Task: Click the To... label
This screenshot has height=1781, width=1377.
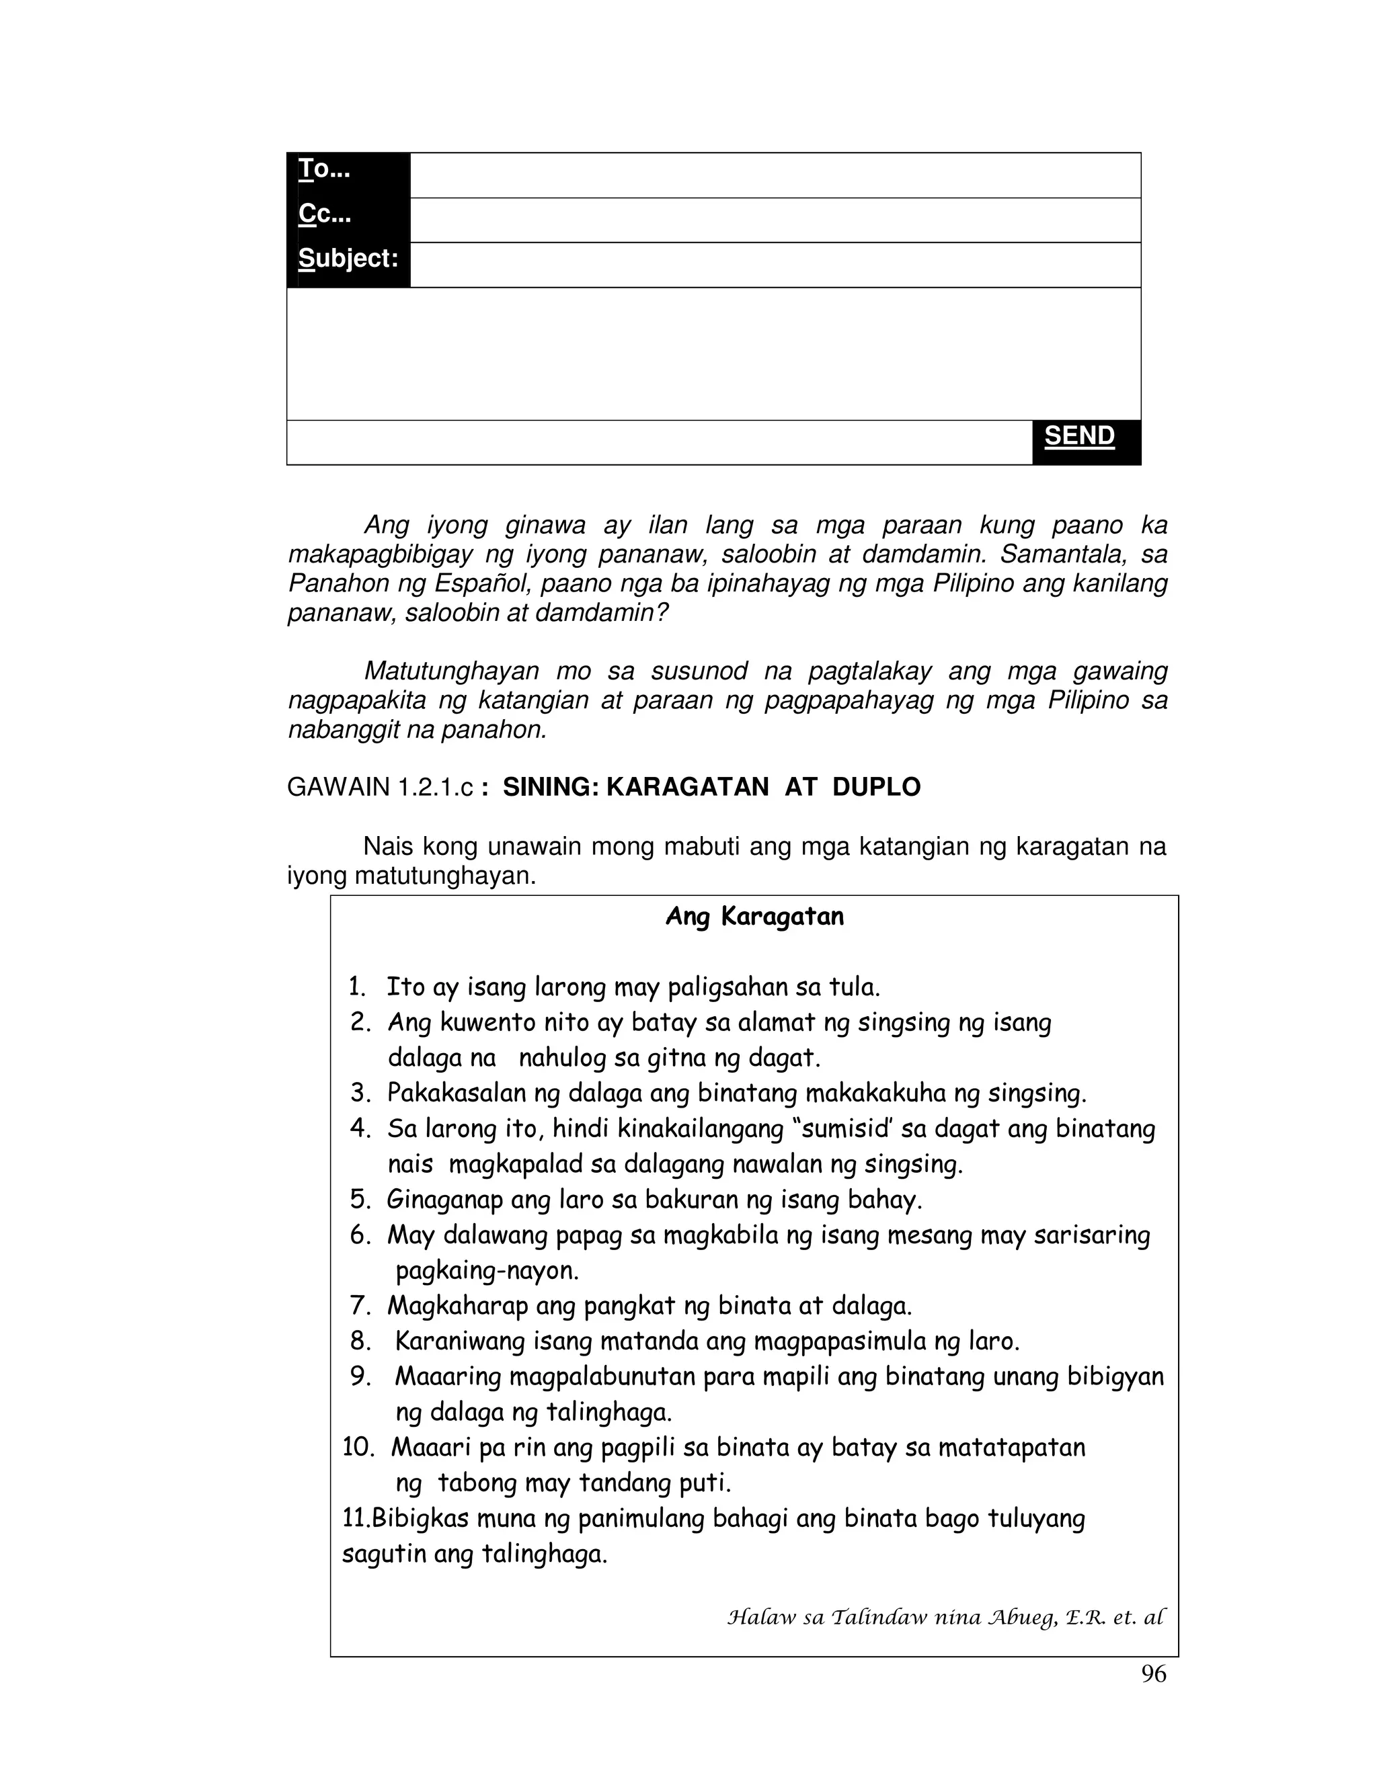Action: tap(324, 169)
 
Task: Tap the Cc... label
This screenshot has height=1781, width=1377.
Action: tap(325, 214)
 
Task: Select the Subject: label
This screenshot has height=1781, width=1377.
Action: tap(348, 259)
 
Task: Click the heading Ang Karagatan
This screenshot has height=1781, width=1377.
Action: tap(754, 917)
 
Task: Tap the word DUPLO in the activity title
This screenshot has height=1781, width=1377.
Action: tap(876, 787)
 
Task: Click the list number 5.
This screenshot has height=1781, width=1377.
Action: tap(360, 1200)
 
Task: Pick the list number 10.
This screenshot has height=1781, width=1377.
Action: tap(357, 1448)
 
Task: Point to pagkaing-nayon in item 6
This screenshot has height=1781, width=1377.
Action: tap(487, 1270)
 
